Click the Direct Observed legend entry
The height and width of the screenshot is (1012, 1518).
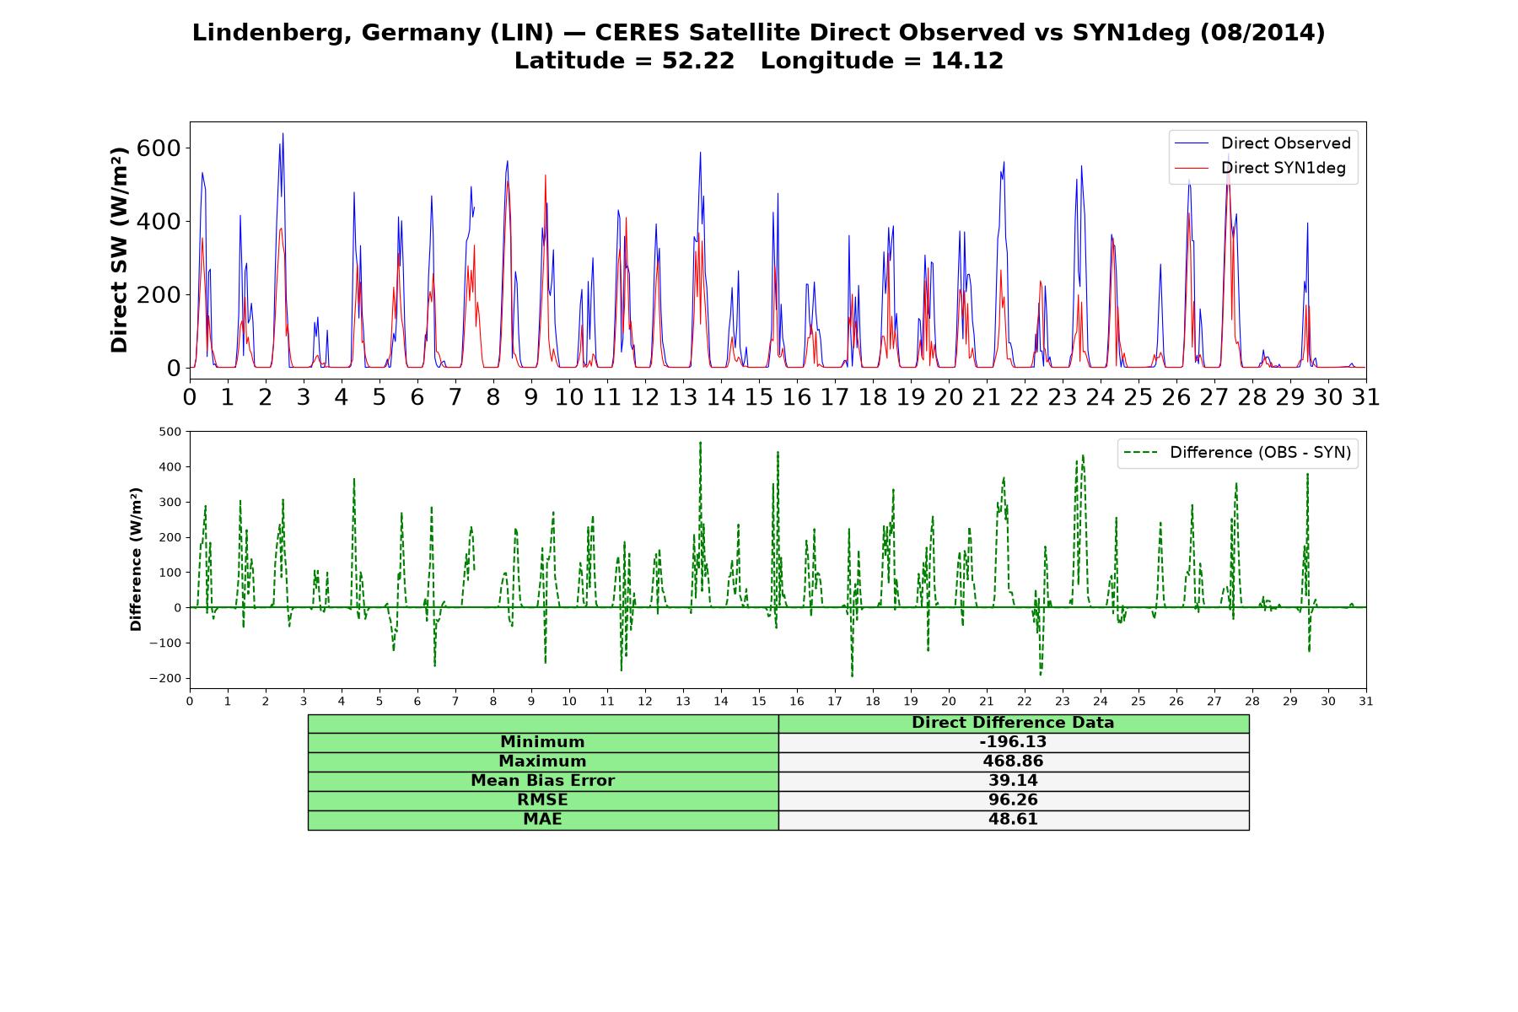[x=1262, y=143]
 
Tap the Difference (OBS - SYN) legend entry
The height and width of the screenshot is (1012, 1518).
[x=1237, y=453]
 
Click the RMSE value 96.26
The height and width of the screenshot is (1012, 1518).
[x=1013, y=800]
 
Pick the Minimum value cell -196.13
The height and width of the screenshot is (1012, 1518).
[x=1013, y=742]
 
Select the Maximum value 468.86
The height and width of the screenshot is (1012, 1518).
[x=1013, y=762]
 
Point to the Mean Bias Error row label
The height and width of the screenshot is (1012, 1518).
[x=542, y=781]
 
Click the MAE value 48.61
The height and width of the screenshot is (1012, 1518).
[x=1013, y=820]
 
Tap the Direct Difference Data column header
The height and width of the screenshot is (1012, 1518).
[x=1013, y=723]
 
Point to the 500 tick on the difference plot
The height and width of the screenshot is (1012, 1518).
[x=170, y=432]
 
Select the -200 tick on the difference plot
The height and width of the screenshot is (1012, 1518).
[x=165, y=678]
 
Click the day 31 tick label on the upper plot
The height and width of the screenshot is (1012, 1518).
[x=1365, y=397]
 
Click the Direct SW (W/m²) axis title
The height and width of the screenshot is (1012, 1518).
[x=119, y=250]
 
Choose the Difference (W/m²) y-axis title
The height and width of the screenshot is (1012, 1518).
[x=136, y=560]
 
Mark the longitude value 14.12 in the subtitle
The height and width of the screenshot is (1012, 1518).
[x=967, y=61]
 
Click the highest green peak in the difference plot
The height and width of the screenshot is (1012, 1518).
[x=700, y=442]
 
